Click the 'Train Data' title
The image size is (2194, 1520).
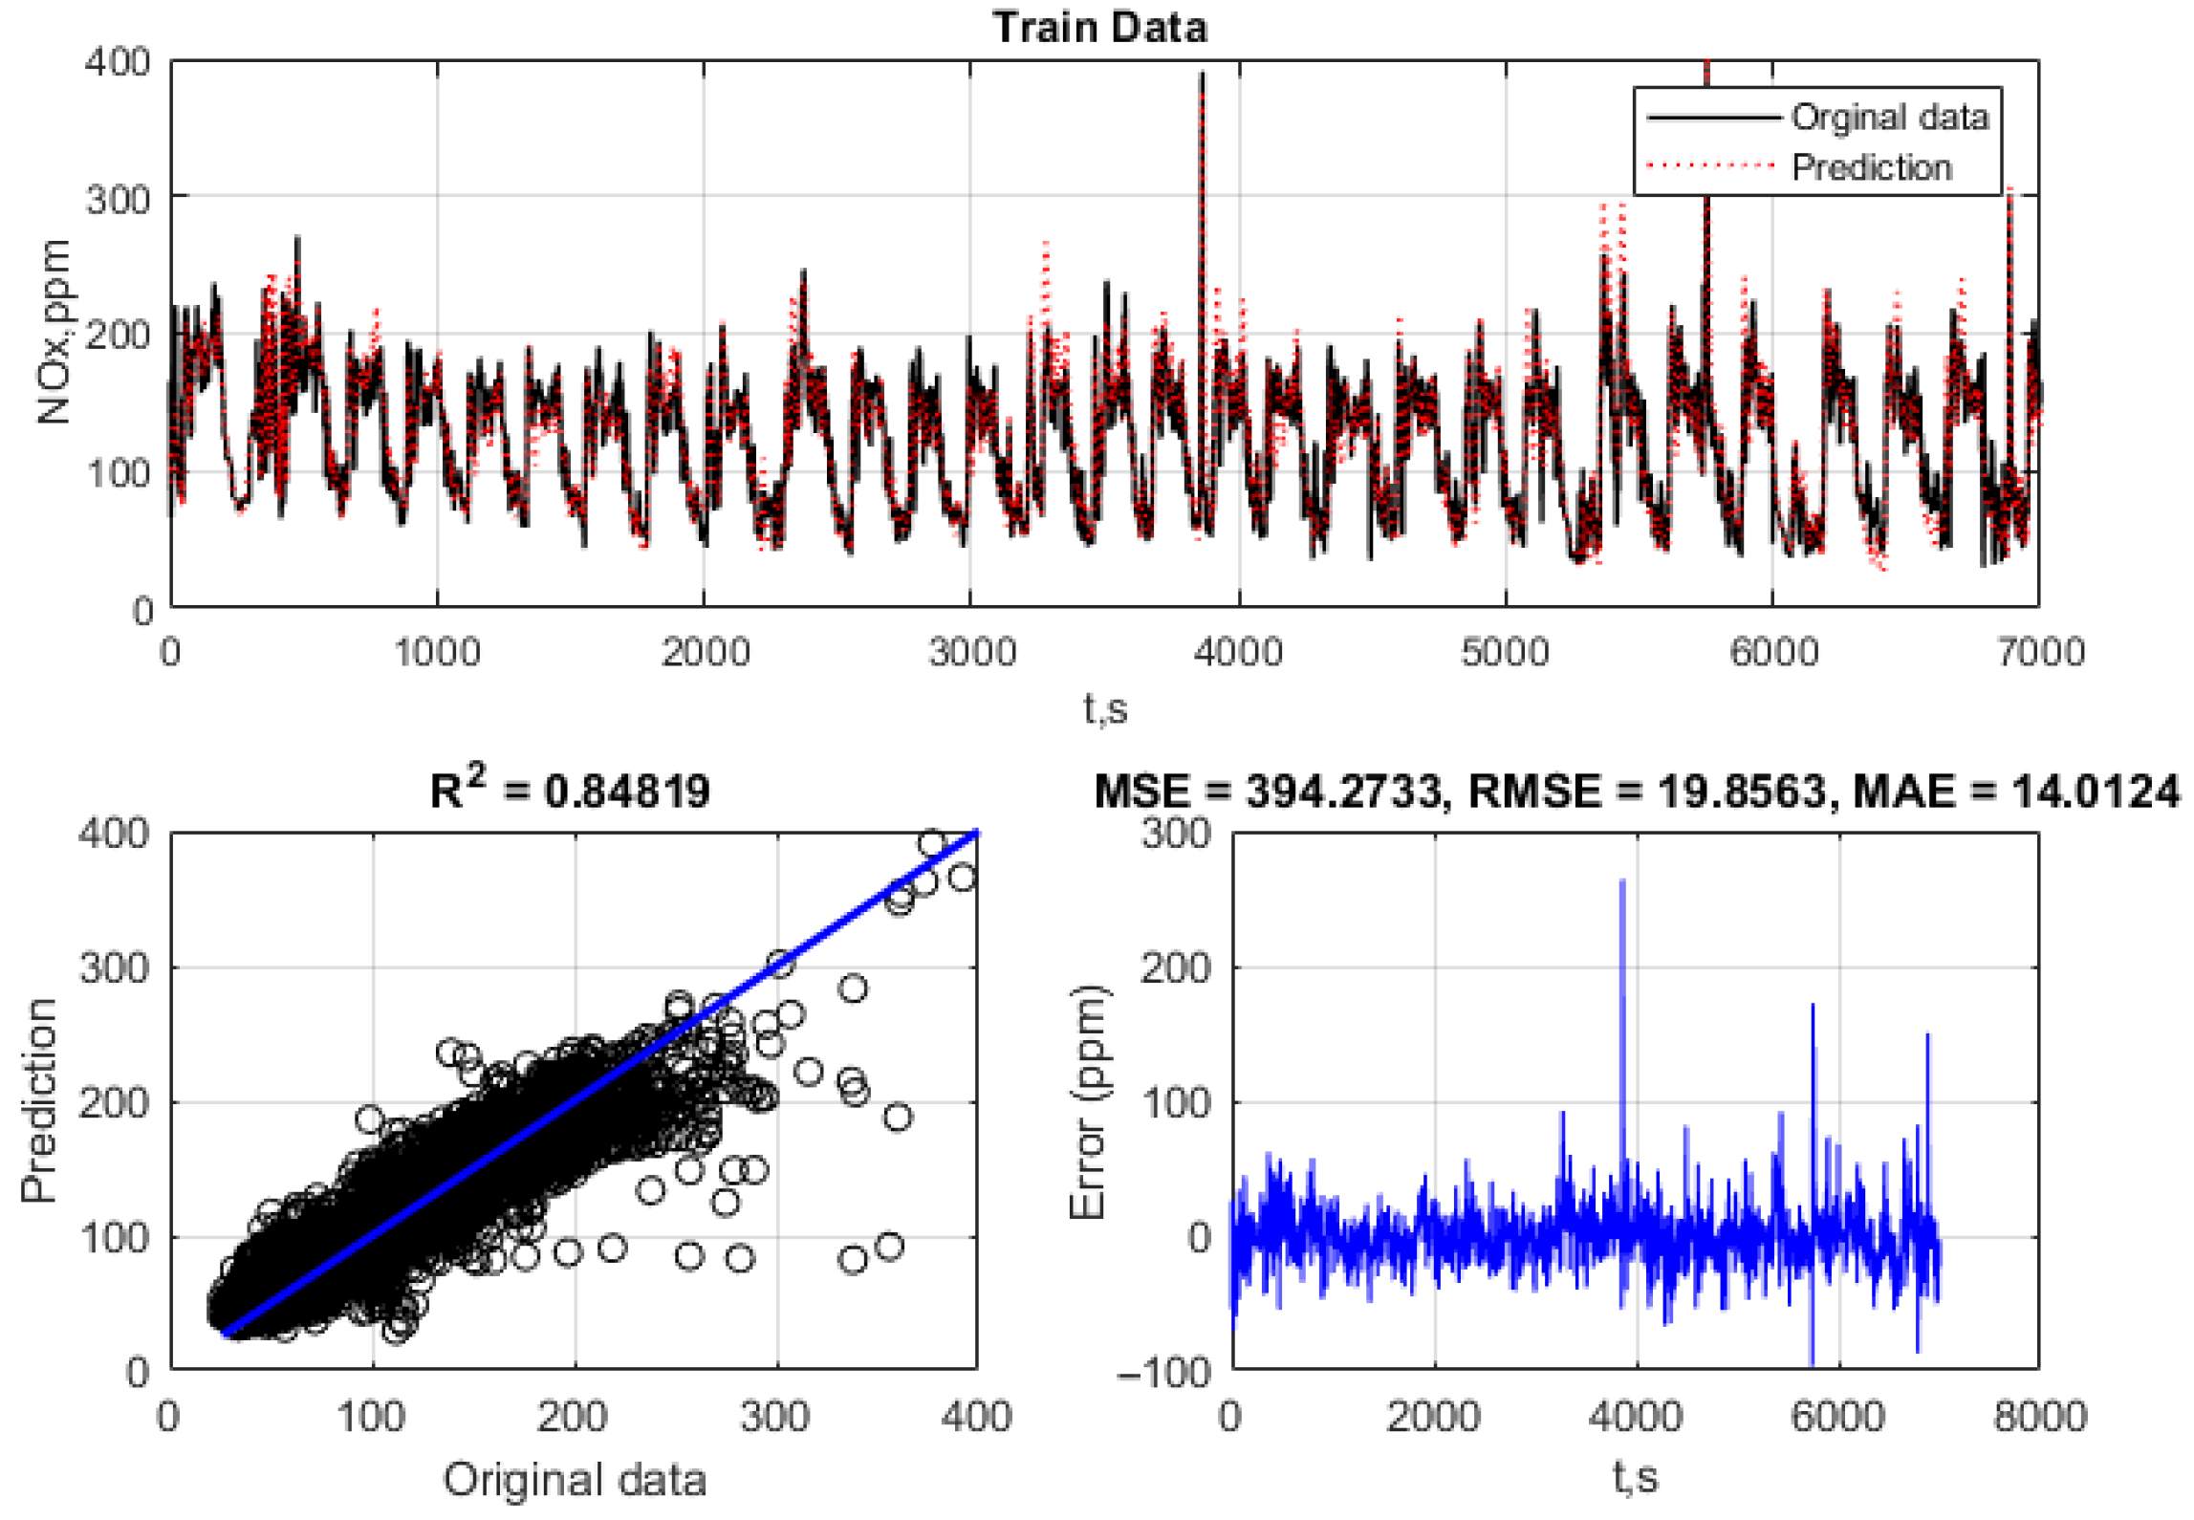pos(1099,27)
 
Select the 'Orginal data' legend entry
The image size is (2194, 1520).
pos(1888,117)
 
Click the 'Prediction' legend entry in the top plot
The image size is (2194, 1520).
pos(1870,167)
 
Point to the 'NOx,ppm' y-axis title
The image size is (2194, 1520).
pos(54,332)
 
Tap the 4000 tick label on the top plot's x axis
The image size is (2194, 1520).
pos(1238,653)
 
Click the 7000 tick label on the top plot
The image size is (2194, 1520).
pos(2040,653)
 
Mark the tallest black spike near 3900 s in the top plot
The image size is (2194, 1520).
pos(1203,76)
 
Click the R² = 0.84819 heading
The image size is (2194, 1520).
pos(570,791)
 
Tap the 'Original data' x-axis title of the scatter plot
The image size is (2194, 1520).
pos(575,1480)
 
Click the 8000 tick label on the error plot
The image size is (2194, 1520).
pos(2039,1416)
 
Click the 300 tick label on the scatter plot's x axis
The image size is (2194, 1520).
pos(775,1416)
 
